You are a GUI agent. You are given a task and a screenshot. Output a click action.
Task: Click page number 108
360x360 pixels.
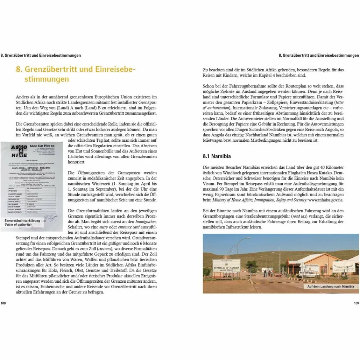tap(3, 303)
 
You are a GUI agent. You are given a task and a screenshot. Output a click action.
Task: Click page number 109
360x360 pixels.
tap(356, 303)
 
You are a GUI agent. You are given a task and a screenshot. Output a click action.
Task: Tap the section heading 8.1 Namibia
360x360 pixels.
tap(217, 156)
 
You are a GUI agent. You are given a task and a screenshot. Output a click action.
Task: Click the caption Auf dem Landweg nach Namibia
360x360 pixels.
tap(330, 287)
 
